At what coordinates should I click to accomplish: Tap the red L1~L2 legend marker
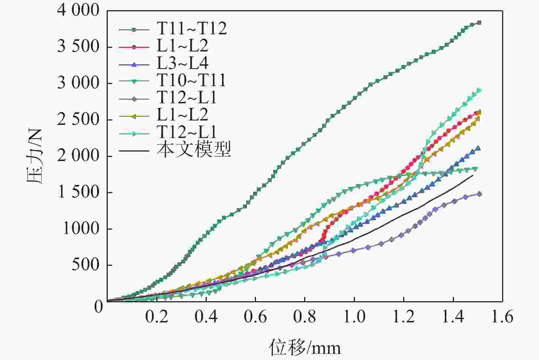134,46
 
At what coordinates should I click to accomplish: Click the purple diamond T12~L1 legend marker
134,98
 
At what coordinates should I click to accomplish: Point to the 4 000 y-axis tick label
78,11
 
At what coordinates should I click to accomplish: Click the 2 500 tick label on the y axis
78,120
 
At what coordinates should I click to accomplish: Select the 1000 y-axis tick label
81,229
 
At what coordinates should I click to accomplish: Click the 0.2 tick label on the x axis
157,317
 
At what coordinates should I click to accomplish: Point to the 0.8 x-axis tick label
305,317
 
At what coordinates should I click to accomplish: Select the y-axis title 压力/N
35,156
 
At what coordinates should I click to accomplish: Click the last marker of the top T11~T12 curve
479,23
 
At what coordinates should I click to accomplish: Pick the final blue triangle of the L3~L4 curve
478,148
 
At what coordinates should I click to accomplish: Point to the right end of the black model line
473,175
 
